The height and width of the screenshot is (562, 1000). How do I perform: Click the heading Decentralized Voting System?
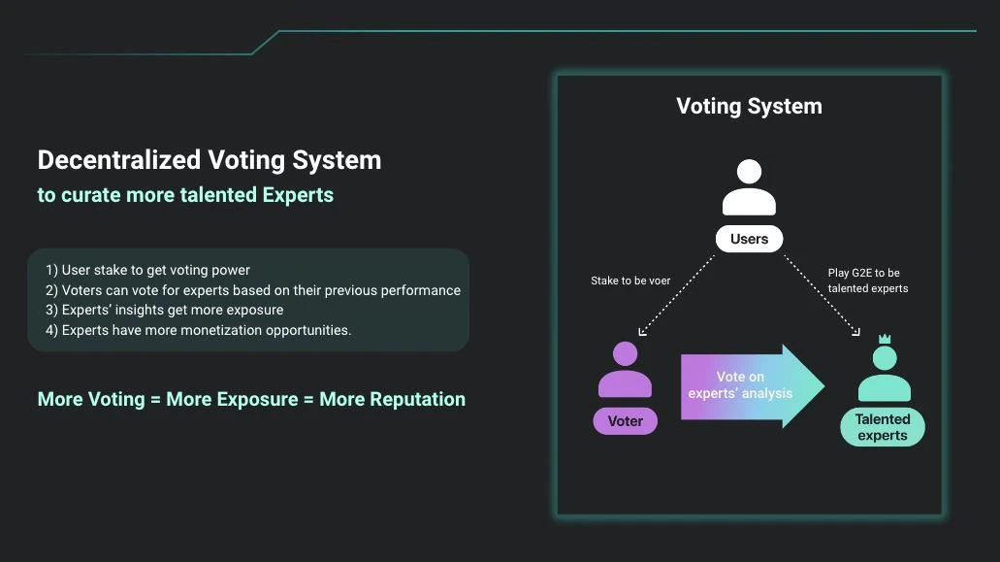point(210,160)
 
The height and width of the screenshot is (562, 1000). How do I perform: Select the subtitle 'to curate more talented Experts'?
point(185,194)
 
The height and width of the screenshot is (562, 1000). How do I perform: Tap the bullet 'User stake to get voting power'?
point(148,270)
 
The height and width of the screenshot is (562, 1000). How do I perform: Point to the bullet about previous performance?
point(253,290)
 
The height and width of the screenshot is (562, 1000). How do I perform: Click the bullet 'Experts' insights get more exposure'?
point(165,310)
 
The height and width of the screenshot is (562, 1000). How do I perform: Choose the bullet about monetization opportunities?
point(198,330)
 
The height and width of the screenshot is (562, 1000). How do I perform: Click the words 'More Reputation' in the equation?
point(392,399)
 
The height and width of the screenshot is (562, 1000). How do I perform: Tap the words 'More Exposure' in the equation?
point(232,399)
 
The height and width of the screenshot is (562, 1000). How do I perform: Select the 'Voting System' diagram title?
point(750,106)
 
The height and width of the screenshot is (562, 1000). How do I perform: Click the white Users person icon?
point(750,187)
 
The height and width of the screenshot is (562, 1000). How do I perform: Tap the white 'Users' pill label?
point(750,239)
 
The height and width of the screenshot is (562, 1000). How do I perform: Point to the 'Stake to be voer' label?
point(630,281)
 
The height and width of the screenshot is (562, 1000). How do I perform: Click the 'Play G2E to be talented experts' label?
point(868,281)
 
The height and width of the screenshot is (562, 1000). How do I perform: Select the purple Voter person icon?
point(625,370)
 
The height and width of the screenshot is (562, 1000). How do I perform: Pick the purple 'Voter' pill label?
point(625,421)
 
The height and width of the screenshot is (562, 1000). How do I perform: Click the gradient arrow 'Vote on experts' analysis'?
point(753,386)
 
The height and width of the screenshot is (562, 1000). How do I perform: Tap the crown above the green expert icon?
point(885,340)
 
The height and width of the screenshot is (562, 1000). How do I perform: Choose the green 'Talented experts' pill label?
point(883,427)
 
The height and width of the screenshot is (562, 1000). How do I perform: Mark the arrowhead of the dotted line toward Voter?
point(641,332)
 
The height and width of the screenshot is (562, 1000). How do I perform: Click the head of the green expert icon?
point(885,358)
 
